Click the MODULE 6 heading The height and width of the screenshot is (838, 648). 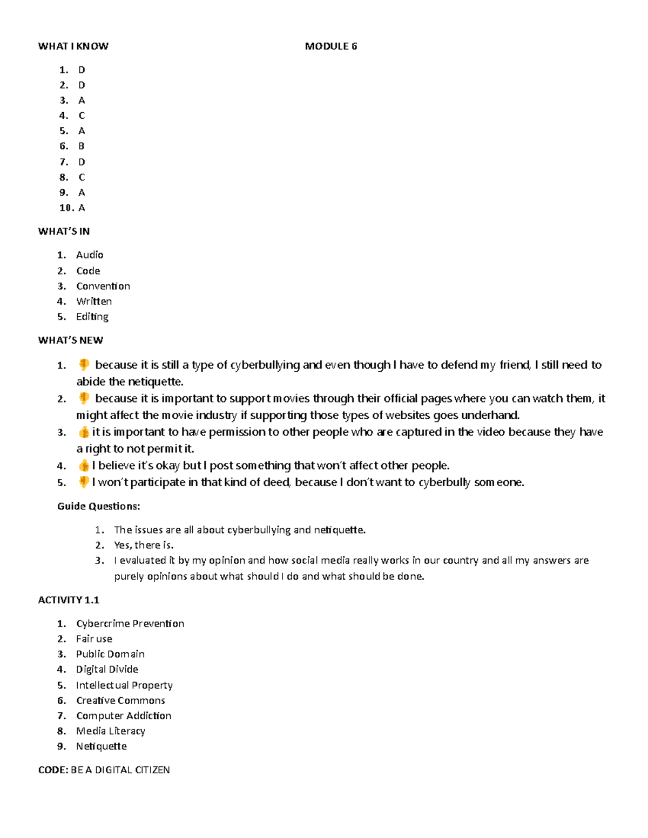pyautogui.click(x=330, y=46)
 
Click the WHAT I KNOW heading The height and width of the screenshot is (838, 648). pyautogui.click(x=73, y=46)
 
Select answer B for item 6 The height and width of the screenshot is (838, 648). pyautogui.click(x=82, y=146)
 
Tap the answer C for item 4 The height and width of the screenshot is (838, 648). pyautogui.click(x=82, y=115)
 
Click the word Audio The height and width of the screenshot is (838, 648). pyautogui.click(x=90, y=255)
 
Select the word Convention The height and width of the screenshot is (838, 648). pyautogui.click(x=103, y=286)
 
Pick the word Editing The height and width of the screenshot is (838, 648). pyautogui.click(x=92, y=317)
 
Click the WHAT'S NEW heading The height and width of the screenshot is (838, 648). pyautogui.click(x=70, y=340)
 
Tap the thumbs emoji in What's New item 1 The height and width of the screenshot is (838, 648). pyautogui.click(x=84, y=365)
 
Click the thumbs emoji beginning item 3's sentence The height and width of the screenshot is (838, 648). pyautogui.click(x=84, y=432)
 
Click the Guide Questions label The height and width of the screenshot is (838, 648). pyautogui.click(x=99, y=506)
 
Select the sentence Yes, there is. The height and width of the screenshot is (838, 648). pyautogui.click(x=144, y=545)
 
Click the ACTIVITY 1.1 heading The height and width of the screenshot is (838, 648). pyautogui.click(x=69, y=600)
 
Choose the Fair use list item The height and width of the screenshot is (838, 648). pyautogui.click(x=94, y=639)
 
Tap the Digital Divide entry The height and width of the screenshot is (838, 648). pyautogui.click(x=107, y=670)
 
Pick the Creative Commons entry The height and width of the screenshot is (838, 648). pyautogui.click(x=120, y=700)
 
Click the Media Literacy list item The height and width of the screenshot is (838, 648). pyautogui.click(x=111, y=731)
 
